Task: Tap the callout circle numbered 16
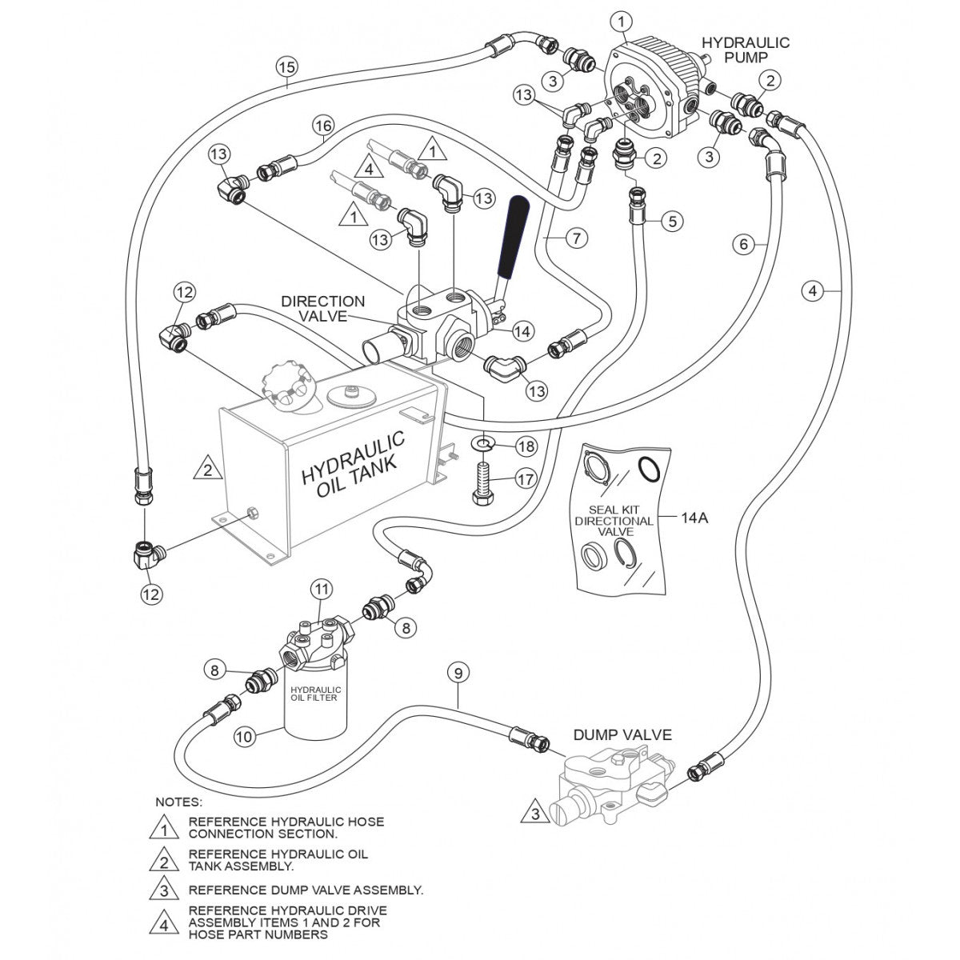322,126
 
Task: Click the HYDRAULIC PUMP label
745,50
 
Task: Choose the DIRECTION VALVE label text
322,309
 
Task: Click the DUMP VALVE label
622,734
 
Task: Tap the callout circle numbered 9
458,674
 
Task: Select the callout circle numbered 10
246,735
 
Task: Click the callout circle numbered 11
321,590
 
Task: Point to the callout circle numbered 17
526,481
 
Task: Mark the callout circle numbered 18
526,446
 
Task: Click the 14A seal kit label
694,518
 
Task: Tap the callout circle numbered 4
813,291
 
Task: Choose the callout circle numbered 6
744,244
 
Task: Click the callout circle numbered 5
672,220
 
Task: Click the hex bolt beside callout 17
482,482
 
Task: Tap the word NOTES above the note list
178,801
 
